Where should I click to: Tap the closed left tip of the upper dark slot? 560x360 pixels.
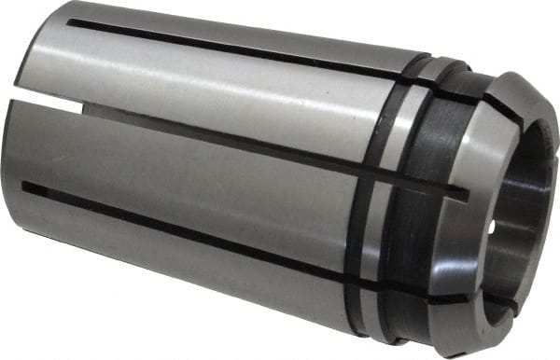click(x=70, y=21)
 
